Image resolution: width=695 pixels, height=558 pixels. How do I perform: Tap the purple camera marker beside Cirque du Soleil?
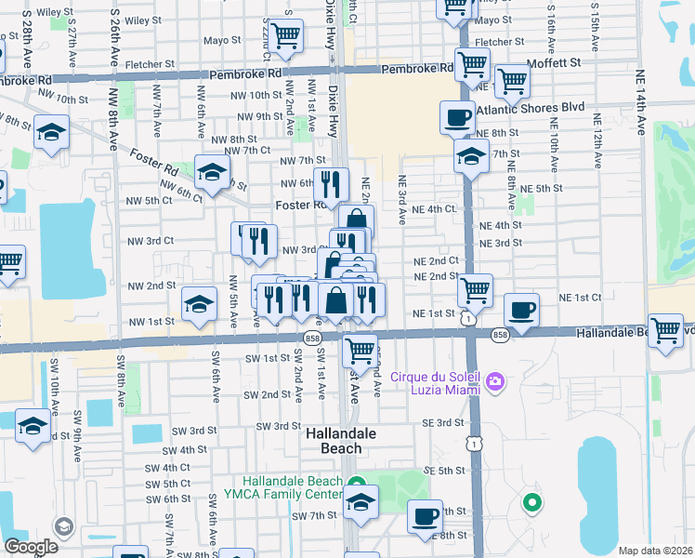tap(496, 381)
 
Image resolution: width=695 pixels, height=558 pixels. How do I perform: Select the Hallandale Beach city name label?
tap(334, 440)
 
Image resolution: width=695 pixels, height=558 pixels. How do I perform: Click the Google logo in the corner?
tap(31, 546)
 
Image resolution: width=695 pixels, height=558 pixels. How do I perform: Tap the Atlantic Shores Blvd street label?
tap(531, 107)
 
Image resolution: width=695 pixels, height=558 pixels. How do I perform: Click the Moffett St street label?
tap(553, 62)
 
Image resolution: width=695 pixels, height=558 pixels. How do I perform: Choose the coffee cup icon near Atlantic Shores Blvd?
tap(456, 118)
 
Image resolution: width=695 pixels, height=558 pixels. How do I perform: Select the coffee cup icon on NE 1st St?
tap(521, 310)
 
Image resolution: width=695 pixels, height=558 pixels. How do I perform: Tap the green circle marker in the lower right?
tap(531, 504)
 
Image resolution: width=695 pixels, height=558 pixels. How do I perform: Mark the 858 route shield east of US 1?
tap(501, 334)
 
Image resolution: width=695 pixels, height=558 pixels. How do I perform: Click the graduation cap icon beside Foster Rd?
tap(212, 171)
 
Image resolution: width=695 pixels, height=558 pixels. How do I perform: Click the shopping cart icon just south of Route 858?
tap(360, 352)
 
